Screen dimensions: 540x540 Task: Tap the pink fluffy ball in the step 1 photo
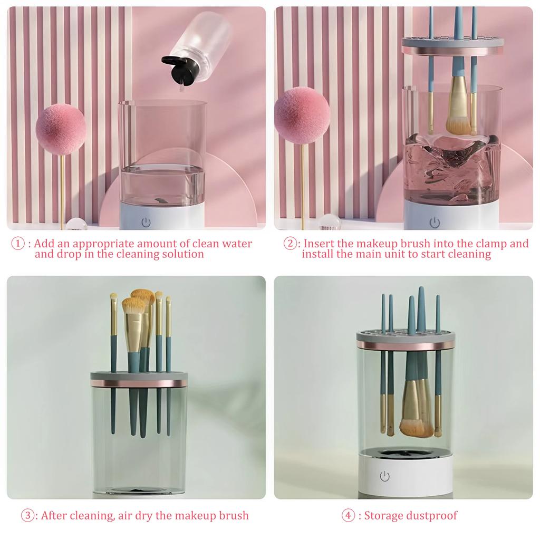pyautogui.click(x=61, y=130)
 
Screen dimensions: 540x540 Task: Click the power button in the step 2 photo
pyautogui.click(x=434, y=223)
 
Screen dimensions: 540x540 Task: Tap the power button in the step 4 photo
pyautogui.click(x=384, y=477)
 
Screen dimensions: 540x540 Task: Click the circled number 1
pyautogui.click(x=18, y=244)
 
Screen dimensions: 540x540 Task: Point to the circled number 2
pyautogui.click(x=291, y=244)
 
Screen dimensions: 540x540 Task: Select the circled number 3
pyautogui.click(x=28, y=516)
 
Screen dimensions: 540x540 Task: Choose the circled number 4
pyautogui.click(x=348, y=516)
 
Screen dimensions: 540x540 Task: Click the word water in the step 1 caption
pyautogui.click(x=237, y=244)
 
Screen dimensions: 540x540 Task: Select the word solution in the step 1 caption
pyautogui.click(x=180, y=254)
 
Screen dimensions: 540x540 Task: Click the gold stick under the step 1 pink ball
pyautogui.click(x=62, y=190)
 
